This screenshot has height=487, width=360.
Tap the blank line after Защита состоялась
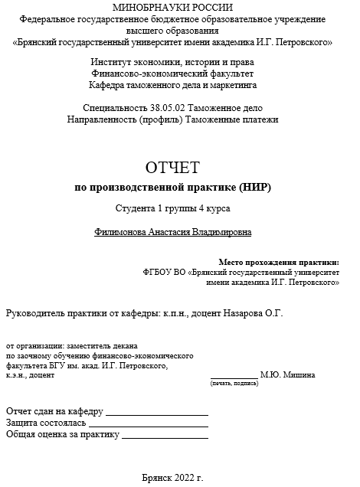pos(149,423)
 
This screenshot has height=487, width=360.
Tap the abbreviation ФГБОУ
pos(158,272)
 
